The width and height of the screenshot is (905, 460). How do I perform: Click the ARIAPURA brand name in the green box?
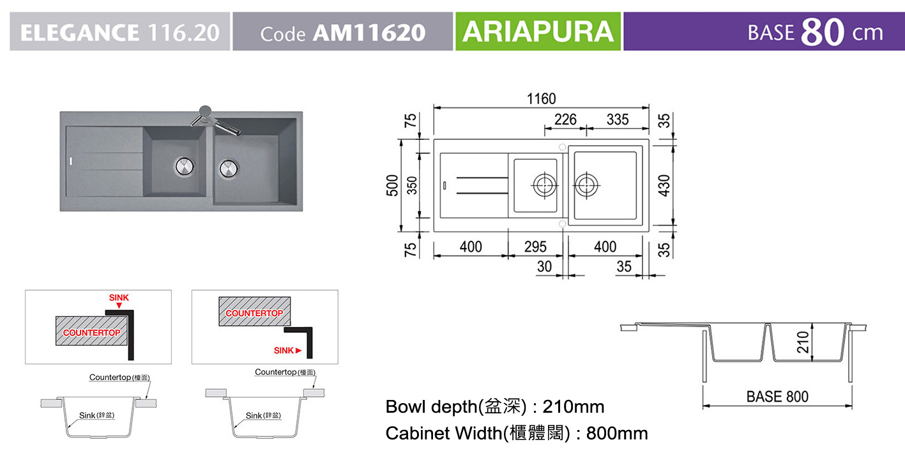pos(538,31)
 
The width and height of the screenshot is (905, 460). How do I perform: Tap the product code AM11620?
pos(369,33)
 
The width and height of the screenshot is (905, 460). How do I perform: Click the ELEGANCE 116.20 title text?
pos(120,33)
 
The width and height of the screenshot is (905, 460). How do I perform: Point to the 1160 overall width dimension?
pos(542,98)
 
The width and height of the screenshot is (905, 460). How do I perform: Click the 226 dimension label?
pos(565,119)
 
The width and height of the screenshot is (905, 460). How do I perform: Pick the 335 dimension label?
pos(618,119)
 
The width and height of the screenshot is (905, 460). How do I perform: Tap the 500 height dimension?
pos(392,185)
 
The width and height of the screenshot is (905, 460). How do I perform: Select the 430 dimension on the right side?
pos(664,185)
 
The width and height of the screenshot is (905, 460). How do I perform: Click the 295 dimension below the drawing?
pos(535,247)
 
